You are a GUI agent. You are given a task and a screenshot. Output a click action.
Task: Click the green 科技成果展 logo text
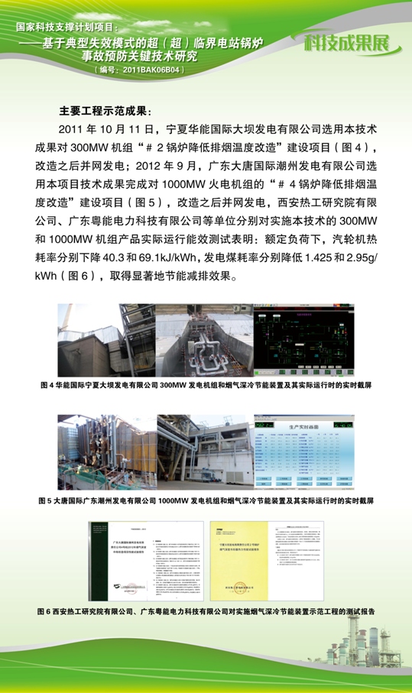pyautogui.click(x=352, y=42)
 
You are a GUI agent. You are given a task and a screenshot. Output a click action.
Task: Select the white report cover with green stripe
pyautogui.click(x=120, y=560)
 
